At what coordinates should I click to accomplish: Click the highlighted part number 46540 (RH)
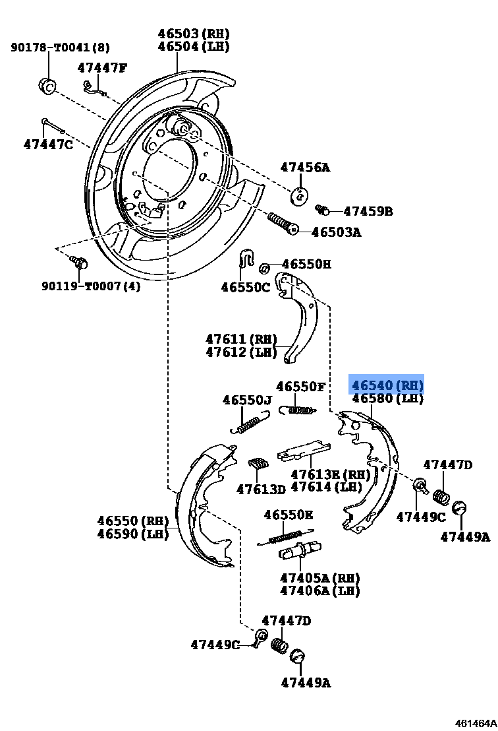coord(387,385)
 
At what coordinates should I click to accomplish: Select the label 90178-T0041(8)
coord(60,48)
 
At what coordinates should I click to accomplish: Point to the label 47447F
coord(102,67)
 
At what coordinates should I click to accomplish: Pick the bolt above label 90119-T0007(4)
coord(80,263)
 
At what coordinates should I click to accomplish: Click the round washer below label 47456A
coord(300,195)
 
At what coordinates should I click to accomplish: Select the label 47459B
coord(368,211)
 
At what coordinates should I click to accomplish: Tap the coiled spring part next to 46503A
coord(281,222)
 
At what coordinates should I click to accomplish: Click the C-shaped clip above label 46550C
coord(245,259)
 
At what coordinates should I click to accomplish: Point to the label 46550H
coord(306,264)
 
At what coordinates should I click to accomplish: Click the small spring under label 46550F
coord(296,410)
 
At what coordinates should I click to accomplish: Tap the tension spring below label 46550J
coord(251,423)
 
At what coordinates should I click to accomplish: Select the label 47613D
coord(261,489)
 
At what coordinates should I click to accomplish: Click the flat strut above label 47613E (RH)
coord(302,452)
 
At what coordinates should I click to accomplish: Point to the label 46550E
coord(289,515)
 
